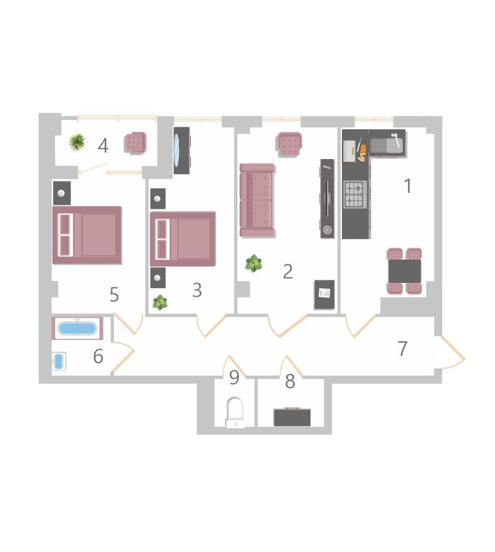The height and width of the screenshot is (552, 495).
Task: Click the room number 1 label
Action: click(x=408, y=186)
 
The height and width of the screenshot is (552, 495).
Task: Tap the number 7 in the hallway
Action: click(x=402, y=349)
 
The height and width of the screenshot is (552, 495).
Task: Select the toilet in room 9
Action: click(x=235, y=412)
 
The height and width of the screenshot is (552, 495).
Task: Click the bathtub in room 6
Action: click(x=78, y=328)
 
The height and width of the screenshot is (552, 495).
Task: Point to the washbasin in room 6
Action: click(x=59, y=361)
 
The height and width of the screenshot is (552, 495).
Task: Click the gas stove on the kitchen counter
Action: click(x=356, y=194)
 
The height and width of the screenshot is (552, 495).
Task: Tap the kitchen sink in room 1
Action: click(x=386, y=144)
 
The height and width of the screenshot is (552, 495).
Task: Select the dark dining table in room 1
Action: click(x=404, y=271)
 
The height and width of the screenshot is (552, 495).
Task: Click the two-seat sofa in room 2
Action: click(x=257, y=200)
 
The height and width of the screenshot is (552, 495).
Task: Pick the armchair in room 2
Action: click(x=289, y=144)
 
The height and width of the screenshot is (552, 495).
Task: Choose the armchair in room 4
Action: click(x=135, y=143)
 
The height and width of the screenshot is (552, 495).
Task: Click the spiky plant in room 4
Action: click(x=77, y=142)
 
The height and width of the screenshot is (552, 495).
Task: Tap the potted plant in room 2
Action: click(x=254, y=263)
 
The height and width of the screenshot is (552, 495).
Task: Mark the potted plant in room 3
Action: click(x=160, y=302)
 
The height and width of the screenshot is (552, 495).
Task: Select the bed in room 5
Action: click(x=87, y=235)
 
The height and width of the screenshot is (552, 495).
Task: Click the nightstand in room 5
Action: click(x=62, y=193)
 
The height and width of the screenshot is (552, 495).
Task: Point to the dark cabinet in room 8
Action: click(x=292, y=417)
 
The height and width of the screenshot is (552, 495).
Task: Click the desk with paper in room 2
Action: click(x=324, y=295)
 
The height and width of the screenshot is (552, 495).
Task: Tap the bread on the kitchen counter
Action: click(x=362, y=152)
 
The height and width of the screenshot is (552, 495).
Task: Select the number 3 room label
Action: click(x=197, y=290)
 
